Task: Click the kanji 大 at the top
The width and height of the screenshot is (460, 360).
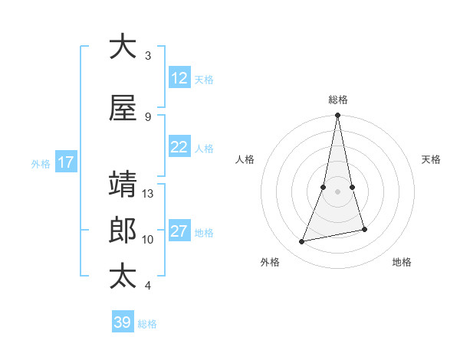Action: coord(123,47)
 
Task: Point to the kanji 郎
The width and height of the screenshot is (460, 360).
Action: coord(123,231)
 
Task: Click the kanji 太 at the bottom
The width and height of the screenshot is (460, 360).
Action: coord(123,277)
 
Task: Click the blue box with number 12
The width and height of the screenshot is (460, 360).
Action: coord(179,78)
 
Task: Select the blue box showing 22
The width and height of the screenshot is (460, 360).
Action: coord(179,147)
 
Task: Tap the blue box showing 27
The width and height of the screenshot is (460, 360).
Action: coord(179,231)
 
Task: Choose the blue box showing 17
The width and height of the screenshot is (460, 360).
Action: coord(65,162)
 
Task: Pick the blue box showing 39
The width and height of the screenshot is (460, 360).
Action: coord(123,322)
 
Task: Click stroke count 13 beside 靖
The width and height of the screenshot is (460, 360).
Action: coord(149,194)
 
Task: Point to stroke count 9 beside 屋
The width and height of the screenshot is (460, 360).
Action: coord(148,116)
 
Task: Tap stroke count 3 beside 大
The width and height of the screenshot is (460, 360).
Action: coord(148,56)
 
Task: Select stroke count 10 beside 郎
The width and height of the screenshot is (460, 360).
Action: coord(149,240)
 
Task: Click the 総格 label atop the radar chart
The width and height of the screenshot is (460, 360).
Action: coord(338,100)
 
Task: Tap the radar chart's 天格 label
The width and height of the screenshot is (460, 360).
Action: coord(432,159)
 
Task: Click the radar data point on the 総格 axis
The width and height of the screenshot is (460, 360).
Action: coord(337,116)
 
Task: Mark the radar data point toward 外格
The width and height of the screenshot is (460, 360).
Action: coord(302,242)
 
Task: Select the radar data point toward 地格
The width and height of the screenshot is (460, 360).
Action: coord(364,229)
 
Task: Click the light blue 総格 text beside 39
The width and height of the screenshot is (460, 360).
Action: coord(147,324)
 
